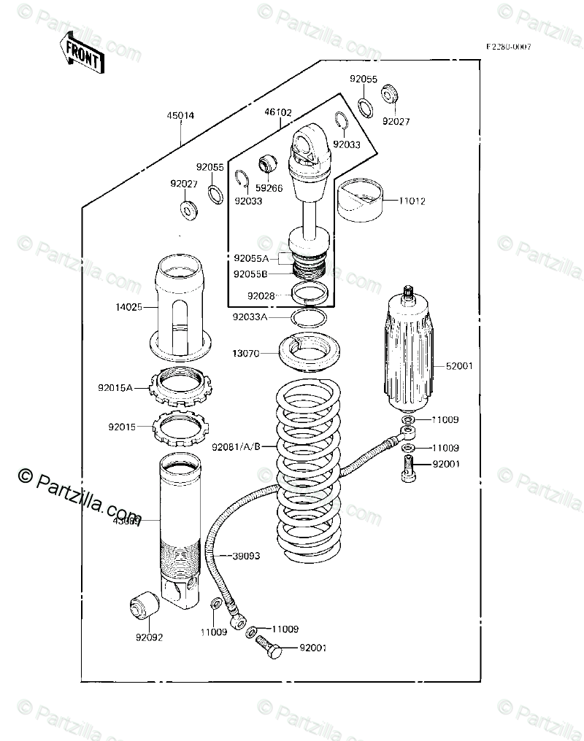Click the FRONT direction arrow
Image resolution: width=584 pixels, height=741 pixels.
tap(80, 52)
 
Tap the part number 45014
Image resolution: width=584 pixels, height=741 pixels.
tap(180, 115)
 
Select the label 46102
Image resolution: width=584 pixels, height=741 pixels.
tap(278, 113)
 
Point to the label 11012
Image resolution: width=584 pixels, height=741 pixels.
tap(412, 201)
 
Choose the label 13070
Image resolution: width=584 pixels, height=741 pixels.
tap(246, 354)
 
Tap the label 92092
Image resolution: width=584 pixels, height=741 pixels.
tap(148, 637)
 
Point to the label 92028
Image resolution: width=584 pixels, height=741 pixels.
tap(261, 296)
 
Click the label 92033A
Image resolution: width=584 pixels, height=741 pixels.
tap(250, 317)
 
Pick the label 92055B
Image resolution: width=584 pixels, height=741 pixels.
tap(250, 274)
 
